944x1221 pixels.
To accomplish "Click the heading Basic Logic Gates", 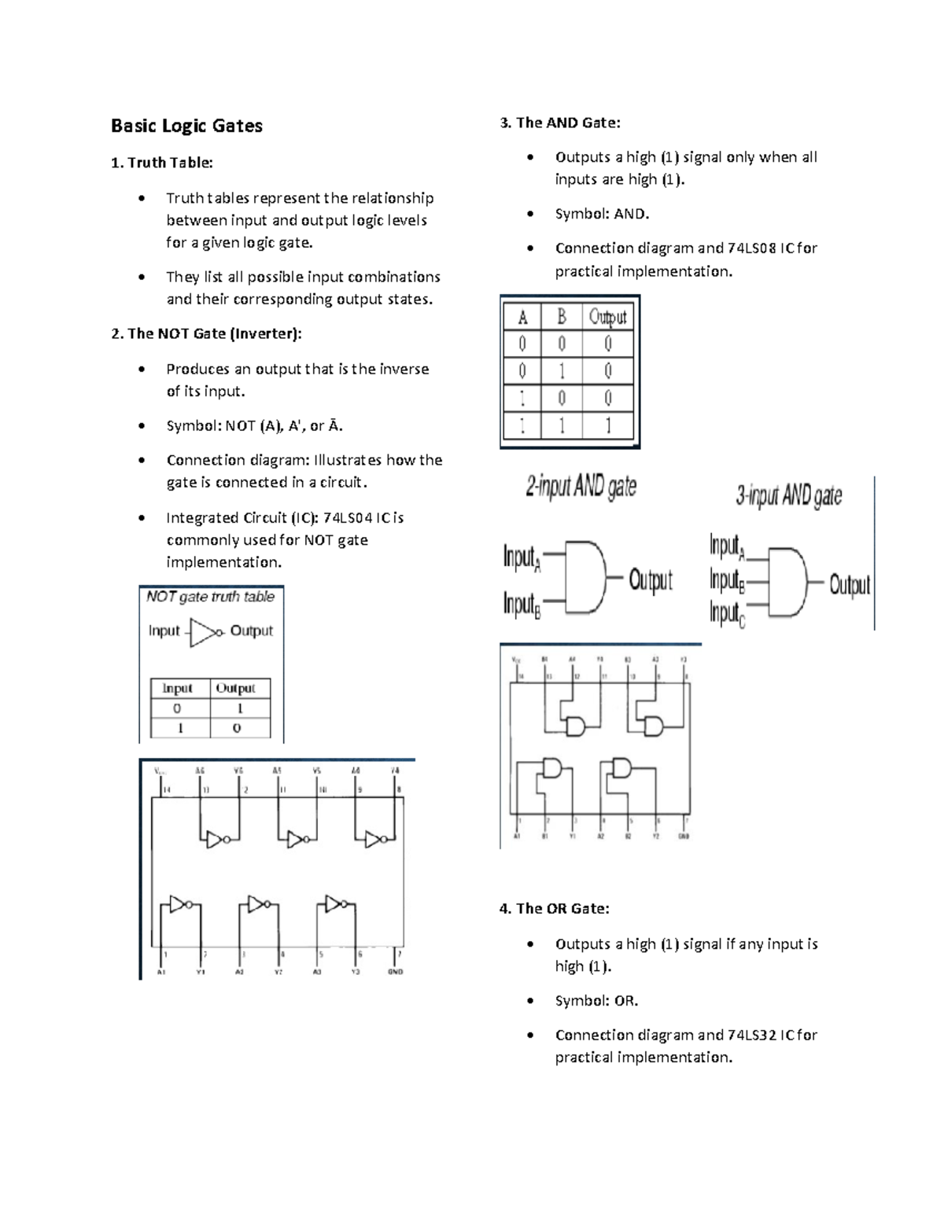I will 186,126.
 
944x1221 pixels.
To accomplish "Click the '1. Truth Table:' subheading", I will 162,163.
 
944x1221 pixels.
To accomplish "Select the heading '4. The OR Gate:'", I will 555,909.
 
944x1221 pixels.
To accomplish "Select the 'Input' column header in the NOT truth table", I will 178,689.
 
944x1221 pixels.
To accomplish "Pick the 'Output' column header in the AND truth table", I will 608,317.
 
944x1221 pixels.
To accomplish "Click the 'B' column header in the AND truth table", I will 562,317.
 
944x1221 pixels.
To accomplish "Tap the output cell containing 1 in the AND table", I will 608,426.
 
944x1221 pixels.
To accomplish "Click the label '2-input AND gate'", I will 581,487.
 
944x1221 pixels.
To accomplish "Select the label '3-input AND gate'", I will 789,496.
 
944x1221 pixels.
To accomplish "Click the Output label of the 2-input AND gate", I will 651,580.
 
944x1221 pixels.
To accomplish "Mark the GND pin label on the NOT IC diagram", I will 395,972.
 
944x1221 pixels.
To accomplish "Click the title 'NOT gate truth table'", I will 210,597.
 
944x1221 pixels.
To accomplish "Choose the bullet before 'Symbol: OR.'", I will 532,1002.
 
